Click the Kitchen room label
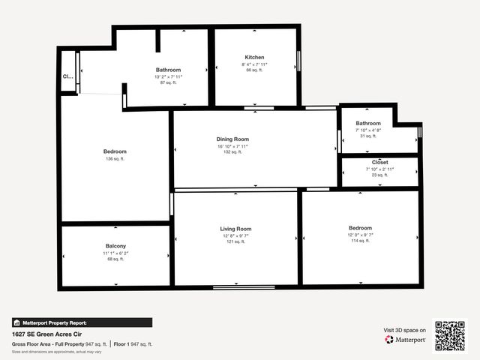[254, 58]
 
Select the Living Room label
[235, 229]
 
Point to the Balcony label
[115, 246]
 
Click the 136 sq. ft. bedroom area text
[115, 158]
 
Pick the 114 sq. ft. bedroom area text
[360, 241]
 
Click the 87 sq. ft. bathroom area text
[168, 82]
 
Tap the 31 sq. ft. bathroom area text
[368, 136]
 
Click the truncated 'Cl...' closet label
[67, 76]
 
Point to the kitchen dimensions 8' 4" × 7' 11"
[254, 64]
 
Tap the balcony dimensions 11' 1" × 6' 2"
[115, 253]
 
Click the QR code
[450, 335]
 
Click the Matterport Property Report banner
[50, 322]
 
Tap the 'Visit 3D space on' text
[405, 330]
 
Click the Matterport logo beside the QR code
[406, 340]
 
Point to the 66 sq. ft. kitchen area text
[254, 70]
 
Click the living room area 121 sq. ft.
[235, 241]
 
